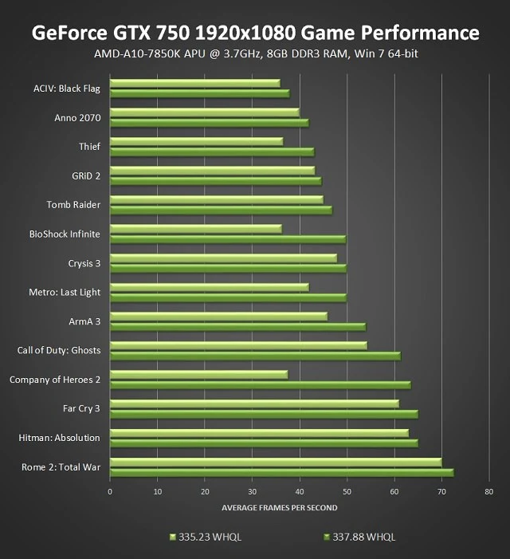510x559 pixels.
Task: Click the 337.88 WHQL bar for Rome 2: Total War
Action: tap(281, 473)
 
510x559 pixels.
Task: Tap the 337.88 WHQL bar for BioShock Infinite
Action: tap(228, 239)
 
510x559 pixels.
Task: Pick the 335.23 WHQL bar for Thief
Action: tap(196, 142)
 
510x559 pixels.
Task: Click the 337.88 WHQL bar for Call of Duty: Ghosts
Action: tap(255, 356)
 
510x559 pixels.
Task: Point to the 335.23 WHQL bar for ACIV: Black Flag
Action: tap(194, 83)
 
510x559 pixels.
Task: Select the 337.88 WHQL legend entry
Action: tap(359, 537)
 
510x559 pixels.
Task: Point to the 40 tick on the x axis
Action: tap(300, 491)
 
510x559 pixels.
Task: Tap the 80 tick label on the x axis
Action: tap(488, 491)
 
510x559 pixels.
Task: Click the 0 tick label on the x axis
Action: tap(110, 491)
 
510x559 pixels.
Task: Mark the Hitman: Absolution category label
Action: tap(60, 438)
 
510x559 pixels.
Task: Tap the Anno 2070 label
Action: tap(77, 118)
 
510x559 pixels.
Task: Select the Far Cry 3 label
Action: tap(81, 409)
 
